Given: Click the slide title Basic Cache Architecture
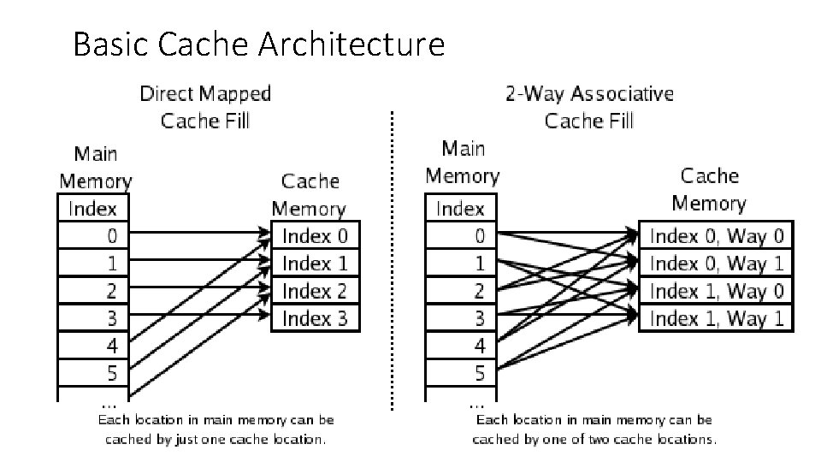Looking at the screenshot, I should (258, 44).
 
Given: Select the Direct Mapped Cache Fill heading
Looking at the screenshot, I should (205, 106).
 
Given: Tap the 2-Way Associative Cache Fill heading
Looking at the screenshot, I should (589, 106).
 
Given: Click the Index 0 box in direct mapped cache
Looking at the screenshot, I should (315, 235).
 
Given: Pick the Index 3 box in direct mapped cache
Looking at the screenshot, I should (315, 319).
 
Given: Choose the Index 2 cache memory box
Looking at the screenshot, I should (315, 291).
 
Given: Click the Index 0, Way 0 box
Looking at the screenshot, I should (716, 235).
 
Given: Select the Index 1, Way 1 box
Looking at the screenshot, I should (716, 319).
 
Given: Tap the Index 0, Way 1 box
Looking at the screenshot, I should (716, 263).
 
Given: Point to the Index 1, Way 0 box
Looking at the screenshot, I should (716, 291).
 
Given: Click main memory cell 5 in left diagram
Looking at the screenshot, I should (94, 374).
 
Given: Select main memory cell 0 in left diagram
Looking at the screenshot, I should (94, 235).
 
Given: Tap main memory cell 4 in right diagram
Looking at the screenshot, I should (461, 346).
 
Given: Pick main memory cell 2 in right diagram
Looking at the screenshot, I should (461, 291).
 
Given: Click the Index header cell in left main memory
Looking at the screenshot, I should (94, 208).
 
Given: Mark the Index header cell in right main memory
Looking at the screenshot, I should (461, 208).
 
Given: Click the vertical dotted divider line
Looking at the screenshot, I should (392, 257).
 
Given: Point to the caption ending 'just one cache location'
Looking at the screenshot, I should (216, 429).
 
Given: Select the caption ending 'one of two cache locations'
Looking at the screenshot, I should (594, 429).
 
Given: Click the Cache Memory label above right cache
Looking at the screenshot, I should (709, 189).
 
